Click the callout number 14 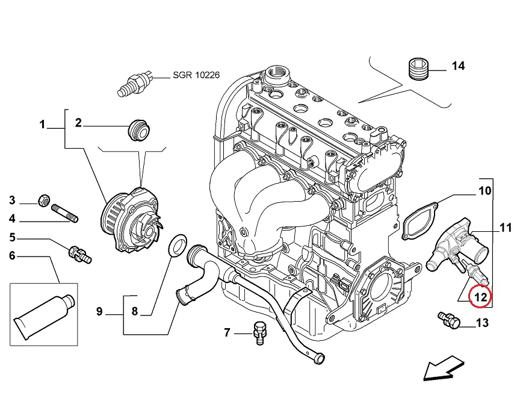458,66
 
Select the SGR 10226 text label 196,75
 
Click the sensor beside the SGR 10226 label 137,82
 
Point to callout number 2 78,123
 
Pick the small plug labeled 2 139,129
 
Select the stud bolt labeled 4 65,214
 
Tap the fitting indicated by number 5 80,253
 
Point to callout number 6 12,256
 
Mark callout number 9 100,311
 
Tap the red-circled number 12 481,296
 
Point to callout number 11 506,228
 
